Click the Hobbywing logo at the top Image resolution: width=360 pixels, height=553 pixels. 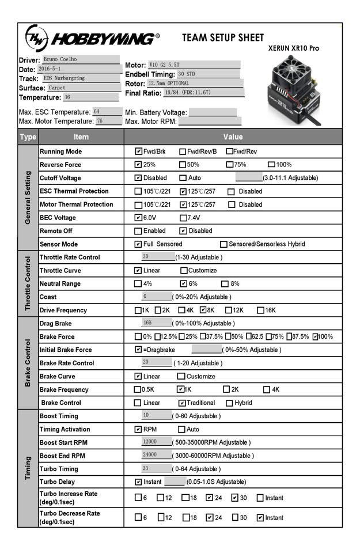pyautogui.click(x=91, y=39)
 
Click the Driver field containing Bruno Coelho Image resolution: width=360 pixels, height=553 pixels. pyautogui.click(x=80, y=59)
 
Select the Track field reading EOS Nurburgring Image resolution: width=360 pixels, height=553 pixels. pyautogui.click(x=80, y=78)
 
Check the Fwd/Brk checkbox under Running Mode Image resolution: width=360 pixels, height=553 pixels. pyautogui.click(x=139, y=151)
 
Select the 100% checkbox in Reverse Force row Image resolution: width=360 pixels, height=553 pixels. pyautogui.click(x=272, y=165)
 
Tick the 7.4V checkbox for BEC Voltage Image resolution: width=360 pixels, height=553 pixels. pyautogui.click(x=184, y=218)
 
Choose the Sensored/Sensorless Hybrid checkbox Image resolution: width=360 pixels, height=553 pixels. pyautogui.click(x=224, y=244)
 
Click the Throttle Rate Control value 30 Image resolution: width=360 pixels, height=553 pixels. pyautogui.click(x=157, y=257)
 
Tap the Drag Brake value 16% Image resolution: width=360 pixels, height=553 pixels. pyautogui.click(x=156, y=323)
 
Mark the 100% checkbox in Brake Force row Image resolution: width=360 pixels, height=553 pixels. pyautogui.click(x=316, y=337)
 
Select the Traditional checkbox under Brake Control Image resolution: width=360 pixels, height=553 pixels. pyautogui.click(x=183, y=403)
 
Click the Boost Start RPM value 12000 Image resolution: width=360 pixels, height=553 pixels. pyautogui.click(x=156, y=442)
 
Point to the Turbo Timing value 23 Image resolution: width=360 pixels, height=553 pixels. pyautogui.click(x=156, y=469)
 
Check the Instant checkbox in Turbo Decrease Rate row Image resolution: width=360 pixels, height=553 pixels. pyautogui.click(x=260, y=517)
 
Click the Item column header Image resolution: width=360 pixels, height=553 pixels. pyautogui.click(x=81, y=137)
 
